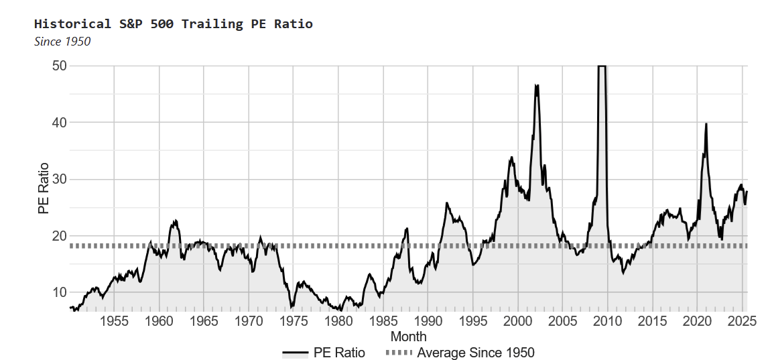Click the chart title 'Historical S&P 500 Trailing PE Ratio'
tap(174, 24)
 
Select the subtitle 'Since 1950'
tap(62, 42)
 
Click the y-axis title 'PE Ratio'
tap(44, 188)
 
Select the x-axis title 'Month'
tap(408, 337)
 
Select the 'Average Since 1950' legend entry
tap(460, 353)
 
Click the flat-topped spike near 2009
tap(602, 66)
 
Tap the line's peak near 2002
tap(536, 85)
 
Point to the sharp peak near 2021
tap(706, 124)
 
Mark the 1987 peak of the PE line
tap(407, 229)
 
